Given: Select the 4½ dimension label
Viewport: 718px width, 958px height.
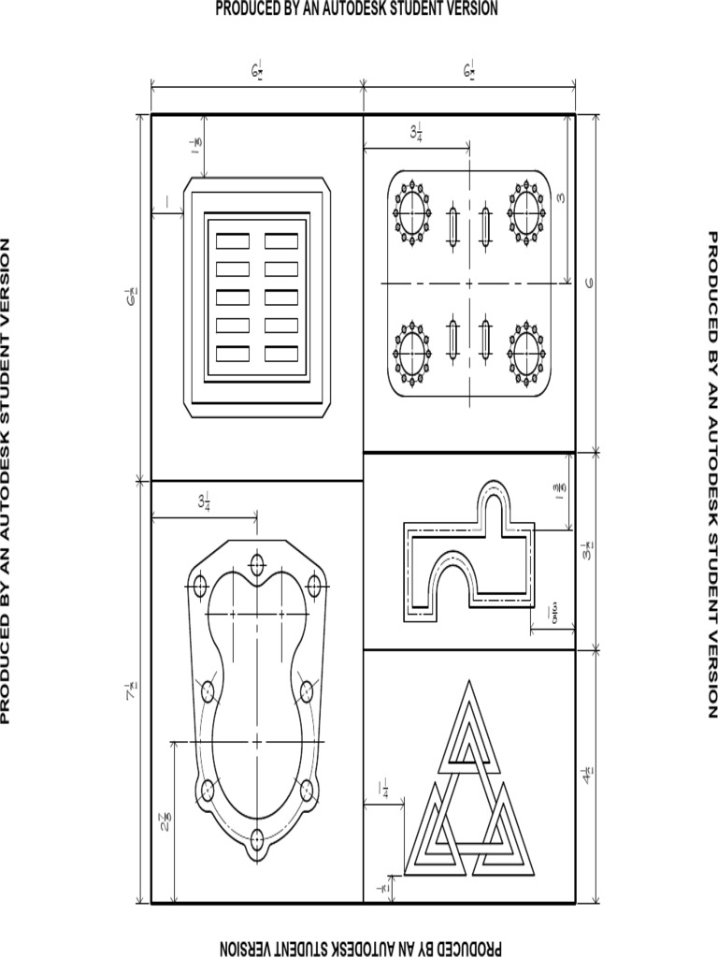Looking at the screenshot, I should click(587, 776).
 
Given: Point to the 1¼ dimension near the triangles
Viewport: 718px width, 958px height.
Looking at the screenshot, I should click(383, 791).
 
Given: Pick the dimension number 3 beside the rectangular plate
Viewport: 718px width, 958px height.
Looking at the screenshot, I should click(561, 198).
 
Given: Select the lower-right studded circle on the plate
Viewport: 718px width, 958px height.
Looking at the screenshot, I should click(525, 354).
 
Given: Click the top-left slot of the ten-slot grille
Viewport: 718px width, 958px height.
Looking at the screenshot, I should click(233, 240).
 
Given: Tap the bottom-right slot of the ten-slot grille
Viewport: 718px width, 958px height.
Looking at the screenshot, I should click(280, 354).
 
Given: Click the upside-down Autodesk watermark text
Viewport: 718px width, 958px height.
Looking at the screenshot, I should click(359, 946).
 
